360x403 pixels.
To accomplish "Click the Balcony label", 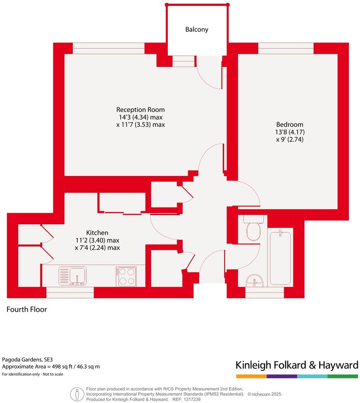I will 196,30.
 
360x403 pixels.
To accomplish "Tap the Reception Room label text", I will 141,110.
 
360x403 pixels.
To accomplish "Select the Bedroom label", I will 290,125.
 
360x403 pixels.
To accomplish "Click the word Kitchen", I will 97,233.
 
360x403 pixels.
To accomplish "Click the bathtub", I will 281,258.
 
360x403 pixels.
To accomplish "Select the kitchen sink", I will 73,276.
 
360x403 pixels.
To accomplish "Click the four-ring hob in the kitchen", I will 126,276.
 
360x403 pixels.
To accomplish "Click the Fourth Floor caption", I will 27,309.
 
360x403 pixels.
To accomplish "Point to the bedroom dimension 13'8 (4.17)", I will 290,132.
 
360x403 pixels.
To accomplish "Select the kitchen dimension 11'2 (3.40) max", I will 97,240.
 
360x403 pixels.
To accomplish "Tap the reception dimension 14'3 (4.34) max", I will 141,117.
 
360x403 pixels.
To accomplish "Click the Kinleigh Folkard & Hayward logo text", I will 296,365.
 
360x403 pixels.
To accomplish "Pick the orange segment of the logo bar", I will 251,376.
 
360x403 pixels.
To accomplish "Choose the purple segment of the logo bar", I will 282,376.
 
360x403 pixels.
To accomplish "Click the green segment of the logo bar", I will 343,376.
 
